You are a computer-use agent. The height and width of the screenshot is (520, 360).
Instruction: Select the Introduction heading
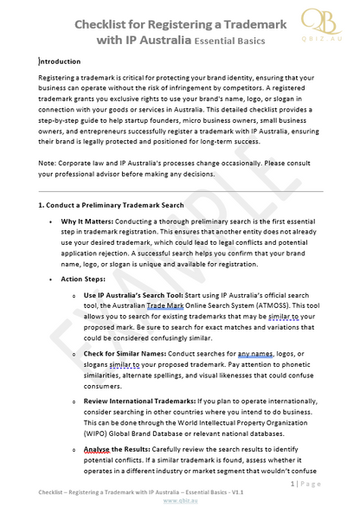tap(61, 61)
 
